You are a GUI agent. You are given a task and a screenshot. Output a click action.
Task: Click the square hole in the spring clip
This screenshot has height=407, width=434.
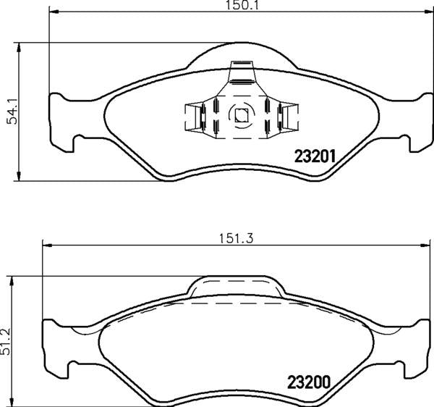pyautogui.click(x=239, y=114)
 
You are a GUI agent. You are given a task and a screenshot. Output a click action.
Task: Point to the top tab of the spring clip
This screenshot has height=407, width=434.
pyautogui.click(x=240, y=75)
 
